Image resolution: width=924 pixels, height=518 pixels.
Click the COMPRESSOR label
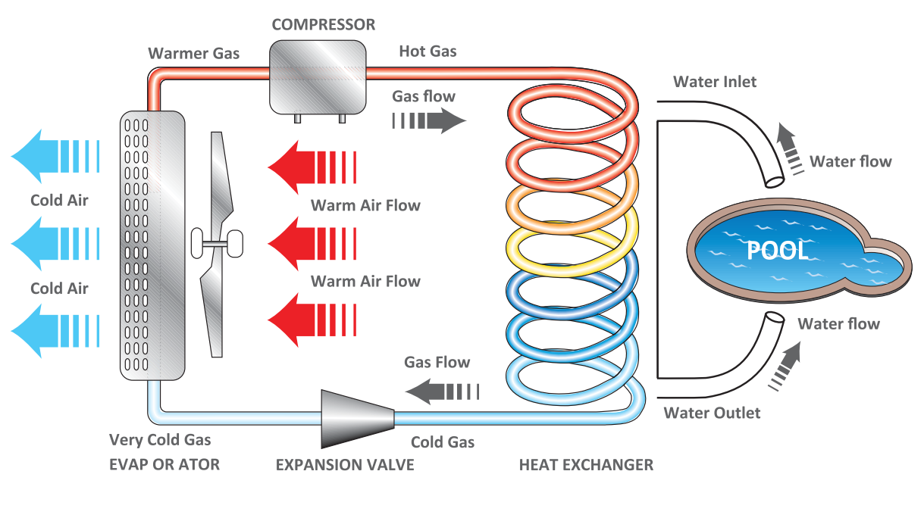tap(323, 24)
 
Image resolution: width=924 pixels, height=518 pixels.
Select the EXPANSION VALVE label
tap(345, 464)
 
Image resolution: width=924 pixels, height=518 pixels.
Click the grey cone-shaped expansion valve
tap(357, 418)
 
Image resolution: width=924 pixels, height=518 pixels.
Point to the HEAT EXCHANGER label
tap(586, 464)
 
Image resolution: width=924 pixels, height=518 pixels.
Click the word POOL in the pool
tap(778, 251)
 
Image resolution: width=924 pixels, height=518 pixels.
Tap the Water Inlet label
tap(715, 81)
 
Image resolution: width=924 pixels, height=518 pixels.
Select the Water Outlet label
tap(712, 413)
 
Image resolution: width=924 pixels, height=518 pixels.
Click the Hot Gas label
tap(428, 51)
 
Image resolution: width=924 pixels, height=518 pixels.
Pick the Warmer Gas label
tap(194, 53)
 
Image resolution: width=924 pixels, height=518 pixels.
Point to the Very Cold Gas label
tap(160, 439)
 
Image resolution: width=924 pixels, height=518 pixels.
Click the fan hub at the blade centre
tap(218, 243)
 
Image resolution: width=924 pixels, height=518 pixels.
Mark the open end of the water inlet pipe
tap(774, 179)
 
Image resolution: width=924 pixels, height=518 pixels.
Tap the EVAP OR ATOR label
tap(164, 464)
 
